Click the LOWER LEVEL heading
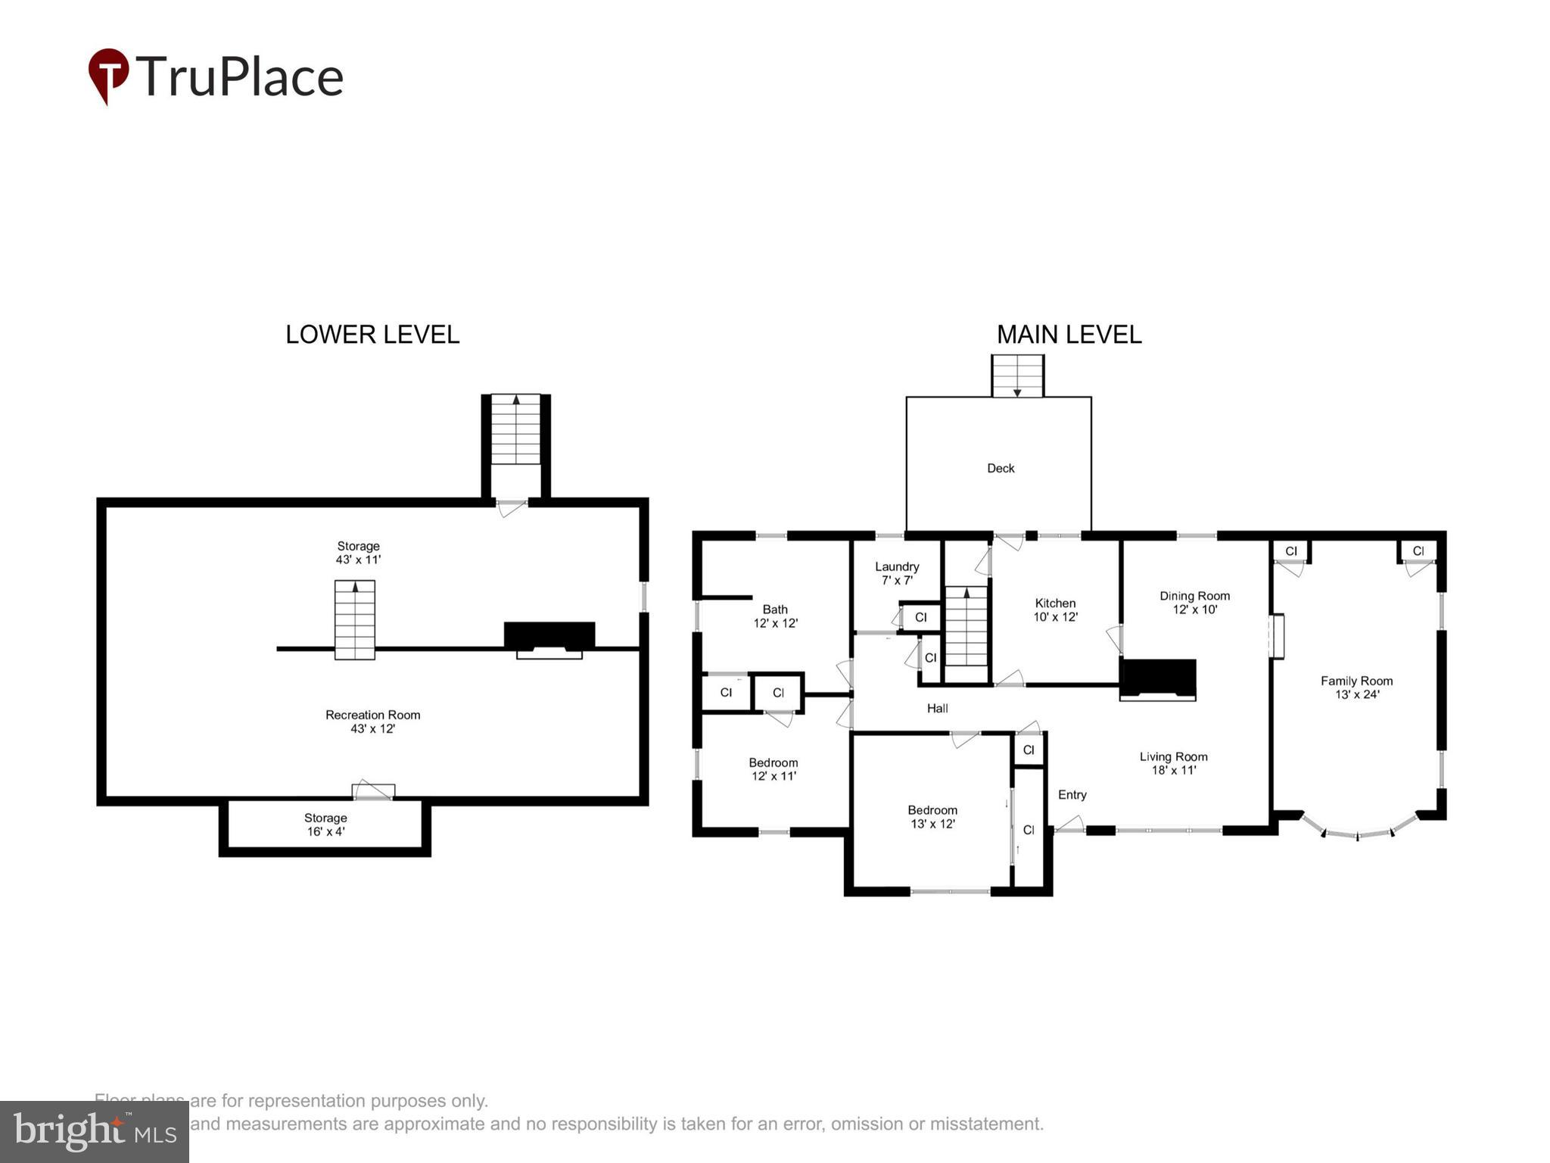pyautogui.click(x=372, y=335)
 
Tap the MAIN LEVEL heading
pyautogui.click(x=1068, y=335)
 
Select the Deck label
pyautogui.click(x=1000, y=469)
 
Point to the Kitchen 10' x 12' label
pyautogui.click(x=1055, y=610)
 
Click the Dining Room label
pyautogui.click(x=1194, y=603)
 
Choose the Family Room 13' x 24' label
pyautogui.click(x=1356, y=688)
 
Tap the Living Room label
pyautogui.click(x=1173, y=763)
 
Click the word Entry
pyautogui.click(x=1072, y=794)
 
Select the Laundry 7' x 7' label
pyautogui.click(x=897, y=573)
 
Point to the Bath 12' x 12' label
pyautogui.click(x=775, y=616)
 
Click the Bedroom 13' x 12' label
pyautogui.click(x=932, y=817)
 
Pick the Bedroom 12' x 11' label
pyautogui.click(x=773, y=769)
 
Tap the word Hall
pyautogui.click(x=937, y=709)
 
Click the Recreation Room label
pyautogui.click(x=372, y=722)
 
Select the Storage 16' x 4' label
pyautogui.click(x=325, y=825)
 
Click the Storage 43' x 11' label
pyautogui.click(x=358, y=553)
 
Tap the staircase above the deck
pyautogui.click(x=1017, y=376)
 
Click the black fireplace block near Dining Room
pyautogui.click(x=1157, y=677)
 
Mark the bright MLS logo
pyautogui.click(x=95, y=1131)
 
